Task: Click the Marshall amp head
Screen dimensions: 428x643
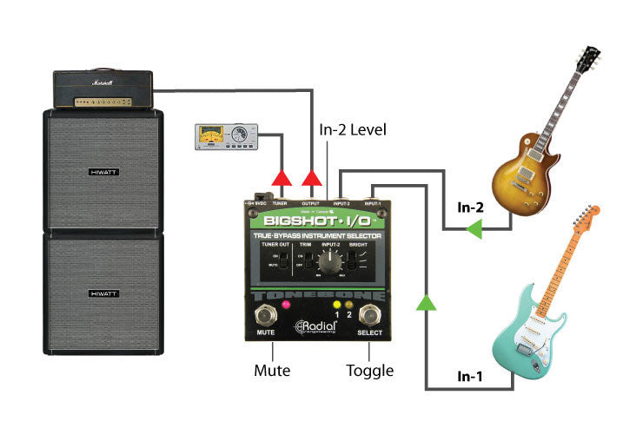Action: (103, 90)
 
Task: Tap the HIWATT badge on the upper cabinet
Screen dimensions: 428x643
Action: (103, 173)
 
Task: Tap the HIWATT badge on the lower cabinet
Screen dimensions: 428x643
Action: (103, 294)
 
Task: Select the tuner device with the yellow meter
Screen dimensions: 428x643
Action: (225, 135)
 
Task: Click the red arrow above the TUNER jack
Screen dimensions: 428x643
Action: (281, 178)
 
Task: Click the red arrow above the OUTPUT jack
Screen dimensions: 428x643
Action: (312, 178)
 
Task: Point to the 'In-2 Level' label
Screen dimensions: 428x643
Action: (353, 130)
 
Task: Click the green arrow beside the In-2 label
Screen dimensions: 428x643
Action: (473, 230)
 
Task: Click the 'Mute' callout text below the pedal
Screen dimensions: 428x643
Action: (272, 371)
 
